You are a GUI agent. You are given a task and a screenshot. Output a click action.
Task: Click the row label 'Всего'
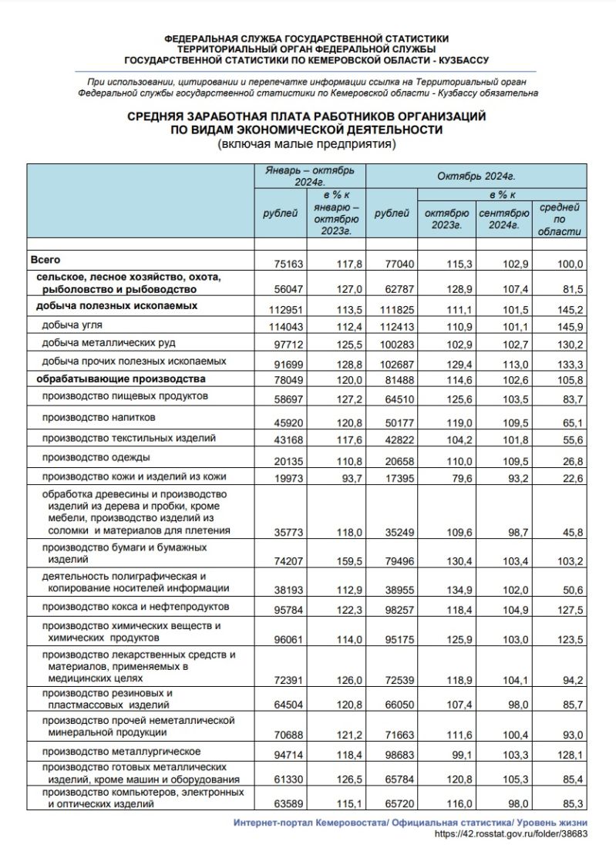point(45,261)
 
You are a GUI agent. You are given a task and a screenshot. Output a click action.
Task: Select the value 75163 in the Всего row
point(289,264)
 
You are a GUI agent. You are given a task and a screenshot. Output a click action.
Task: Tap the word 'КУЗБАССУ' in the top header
point(463,60)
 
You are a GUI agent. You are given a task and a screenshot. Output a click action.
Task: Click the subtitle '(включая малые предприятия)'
point(306,143)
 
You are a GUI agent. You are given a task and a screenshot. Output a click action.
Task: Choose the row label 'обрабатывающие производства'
point(118,379)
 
